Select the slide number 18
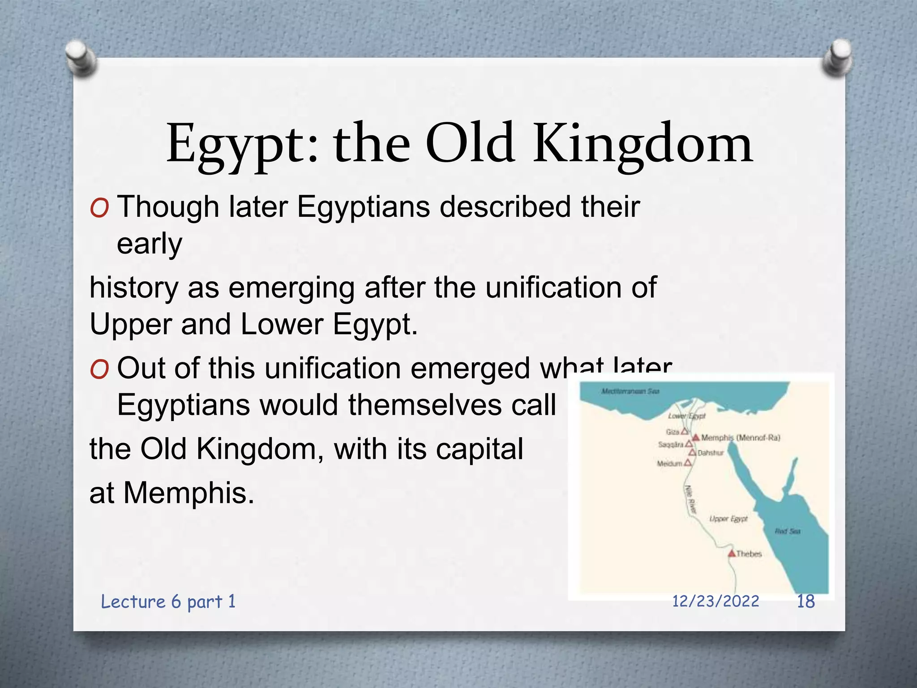pos(806,601)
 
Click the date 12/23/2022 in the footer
pos(716,601)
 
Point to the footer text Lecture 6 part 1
pos(168,602)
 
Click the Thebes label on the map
pos(749,554)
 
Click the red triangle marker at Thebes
pos(732,554)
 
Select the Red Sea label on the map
pos(788,531)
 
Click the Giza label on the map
pos(673,432)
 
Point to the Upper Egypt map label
pos(728,519)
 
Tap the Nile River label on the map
pos(691,499)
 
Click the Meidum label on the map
pos(669,464)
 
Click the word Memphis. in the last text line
pos(189,493)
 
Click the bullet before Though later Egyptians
pos(99,209)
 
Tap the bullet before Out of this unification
pos(99,370)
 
